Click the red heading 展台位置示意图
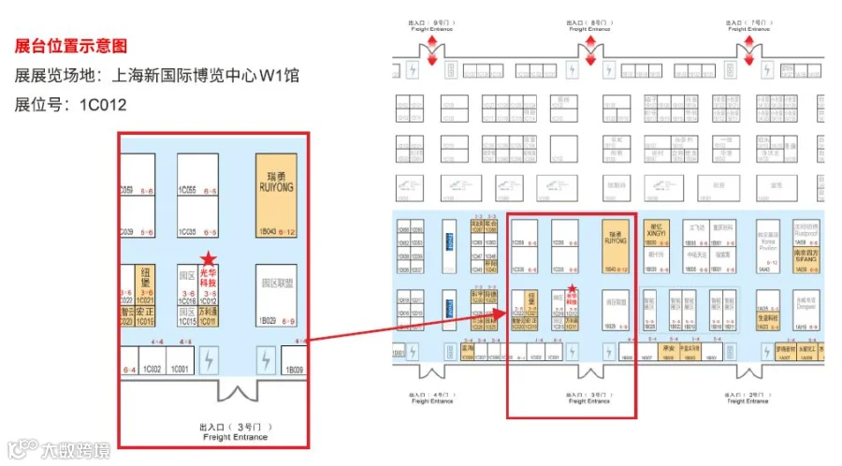pyautogui.click(x=71, y=46)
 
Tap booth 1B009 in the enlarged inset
pyautogui.click(x=297, y=369)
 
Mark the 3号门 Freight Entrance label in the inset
pyautogui.click(x=234, y=432)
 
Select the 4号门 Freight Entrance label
pyautogui.click(x=431, y=397)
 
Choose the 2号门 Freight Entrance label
pyautogui.click(x=749, y=397)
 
